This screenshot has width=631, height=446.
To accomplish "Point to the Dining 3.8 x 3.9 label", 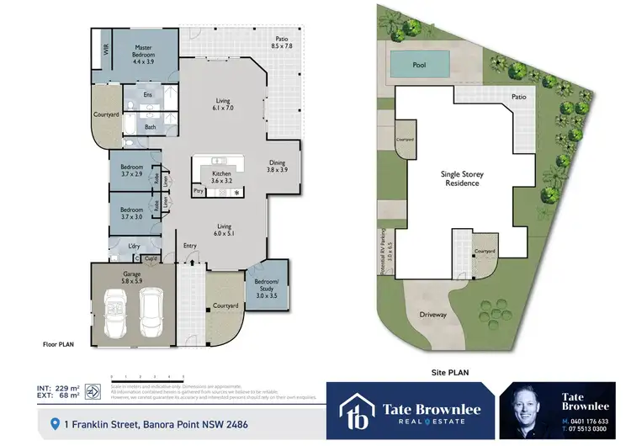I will pos(277,166).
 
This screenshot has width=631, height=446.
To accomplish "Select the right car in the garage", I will pos(151,309).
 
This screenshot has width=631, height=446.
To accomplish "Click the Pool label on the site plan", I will pos(419,65).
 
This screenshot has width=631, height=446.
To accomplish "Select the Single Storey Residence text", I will pos(462,178).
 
